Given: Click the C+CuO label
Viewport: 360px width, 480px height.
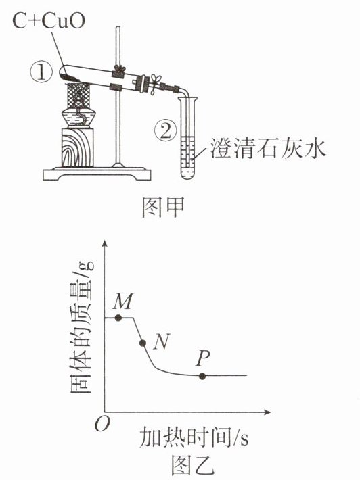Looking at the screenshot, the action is click(49, 21).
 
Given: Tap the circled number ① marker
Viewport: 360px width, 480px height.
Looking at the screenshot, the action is click(41, 72).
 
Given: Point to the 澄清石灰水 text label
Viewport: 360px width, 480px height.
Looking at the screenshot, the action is click(268, 149).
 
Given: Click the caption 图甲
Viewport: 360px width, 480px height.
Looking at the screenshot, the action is click(163, 208).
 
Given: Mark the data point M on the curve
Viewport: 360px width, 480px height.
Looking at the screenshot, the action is click(118, 318).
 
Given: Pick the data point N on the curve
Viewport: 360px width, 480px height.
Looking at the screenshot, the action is click(143, 343).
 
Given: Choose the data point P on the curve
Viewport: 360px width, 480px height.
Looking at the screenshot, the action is click(202, 376).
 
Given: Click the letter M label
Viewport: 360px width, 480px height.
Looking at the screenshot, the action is click(123, 302).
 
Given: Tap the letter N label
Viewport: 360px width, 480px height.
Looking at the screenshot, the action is click(162, 341).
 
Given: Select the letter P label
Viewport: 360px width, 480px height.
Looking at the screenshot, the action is click(203, 358).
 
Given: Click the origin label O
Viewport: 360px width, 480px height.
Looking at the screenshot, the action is click(102, 425).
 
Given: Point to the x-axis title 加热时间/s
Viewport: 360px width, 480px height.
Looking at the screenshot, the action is click(194, 437).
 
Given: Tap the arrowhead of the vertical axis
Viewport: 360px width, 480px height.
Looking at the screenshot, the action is click(105, 243).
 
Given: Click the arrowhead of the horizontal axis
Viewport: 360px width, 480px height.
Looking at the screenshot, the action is click(267, 412).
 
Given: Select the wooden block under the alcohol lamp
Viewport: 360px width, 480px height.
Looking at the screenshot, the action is click(78, 147).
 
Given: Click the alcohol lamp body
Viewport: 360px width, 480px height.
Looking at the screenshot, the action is click(78, 117).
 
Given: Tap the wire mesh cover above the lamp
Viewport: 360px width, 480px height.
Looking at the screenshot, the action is click(78, 95).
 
